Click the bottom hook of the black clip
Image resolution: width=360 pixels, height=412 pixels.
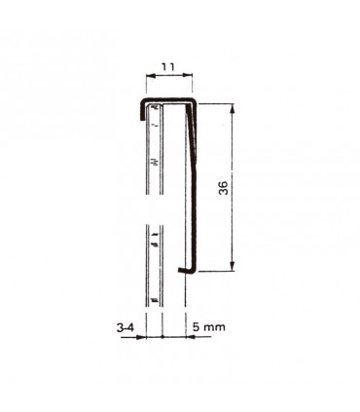186,271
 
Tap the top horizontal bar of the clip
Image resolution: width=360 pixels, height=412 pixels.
167,99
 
